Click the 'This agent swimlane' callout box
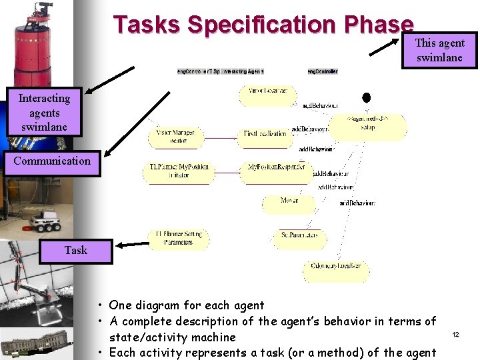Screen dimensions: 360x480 (439, 50)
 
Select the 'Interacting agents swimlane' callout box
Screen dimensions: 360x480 (44, 112)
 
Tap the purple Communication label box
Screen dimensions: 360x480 (52, 161)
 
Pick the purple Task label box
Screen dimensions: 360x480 (75, 251)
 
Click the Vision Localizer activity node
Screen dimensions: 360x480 (267, 91)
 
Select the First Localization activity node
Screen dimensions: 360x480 (264, 134)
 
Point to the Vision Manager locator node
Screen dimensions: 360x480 (175, 137)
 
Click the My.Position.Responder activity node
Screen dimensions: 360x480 (275, 167)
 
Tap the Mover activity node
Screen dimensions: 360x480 (289, 201)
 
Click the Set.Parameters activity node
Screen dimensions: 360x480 (299, 236)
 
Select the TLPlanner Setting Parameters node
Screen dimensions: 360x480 (179, 238)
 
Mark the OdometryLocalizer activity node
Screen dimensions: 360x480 (335, 266)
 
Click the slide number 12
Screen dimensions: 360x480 (456, 333)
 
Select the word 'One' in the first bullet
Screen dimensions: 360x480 (120, 305)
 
